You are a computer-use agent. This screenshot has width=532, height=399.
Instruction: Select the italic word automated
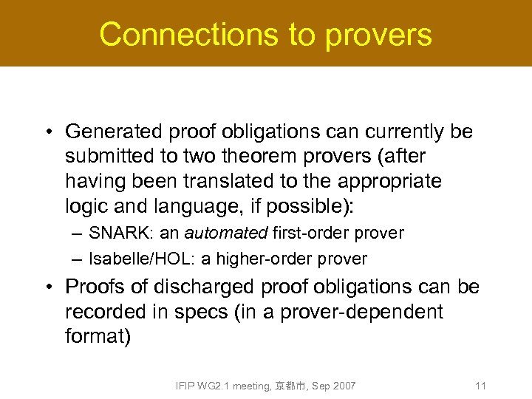(x=225, y=233)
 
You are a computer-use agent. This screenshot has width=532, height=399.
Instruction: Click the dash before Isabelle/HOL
(x=78, y=259)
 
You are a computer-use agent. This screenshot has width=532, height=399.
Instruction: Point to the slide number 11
(x=480, y=386)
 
